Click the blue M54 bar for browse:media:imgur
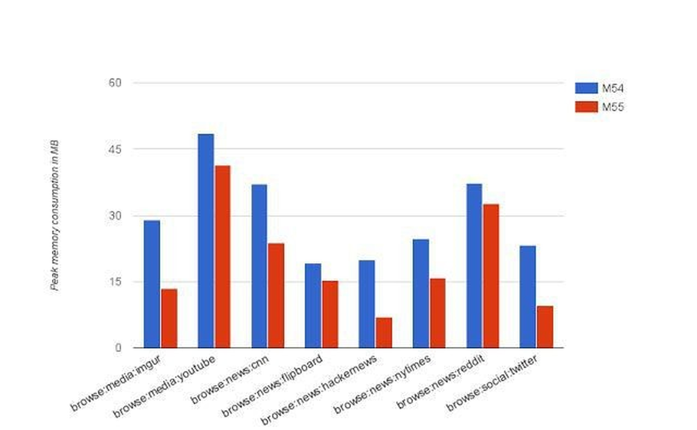(x=152, y=284)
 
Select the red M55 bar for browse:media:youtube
(x=222, y=256)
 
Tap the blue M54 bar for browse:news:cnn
(x=259, y=266)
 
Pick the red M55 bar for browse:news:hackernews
(x=384, y=333)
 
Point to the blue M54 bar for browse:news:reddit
(x=474, y=266)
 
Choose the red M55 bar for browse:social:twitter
(x=545, y=327)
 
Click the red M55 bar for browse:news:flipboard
(x=330, y=315)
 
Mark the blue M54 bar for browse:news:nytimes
(x=421, y=294)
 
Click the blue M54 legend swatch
(x=586, y=88)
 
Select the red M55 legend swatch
(x=586, y=107)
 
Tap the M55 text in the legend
(x=613, y=107)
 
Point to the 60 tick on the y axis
(x=115, y=83)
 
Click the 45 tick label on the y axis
(x=115, y=149)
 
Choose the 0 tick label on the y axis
(x=118, y=348)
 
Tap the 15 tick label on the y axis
(x=115, y=281)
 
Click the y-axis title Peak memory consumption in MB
(x=55, y=215)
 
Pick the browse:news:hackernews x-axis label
(x=319, y=390)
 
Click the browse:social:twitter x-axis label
(x=492, y=383)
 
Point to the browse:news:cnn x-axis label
(x=230, y=380)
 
